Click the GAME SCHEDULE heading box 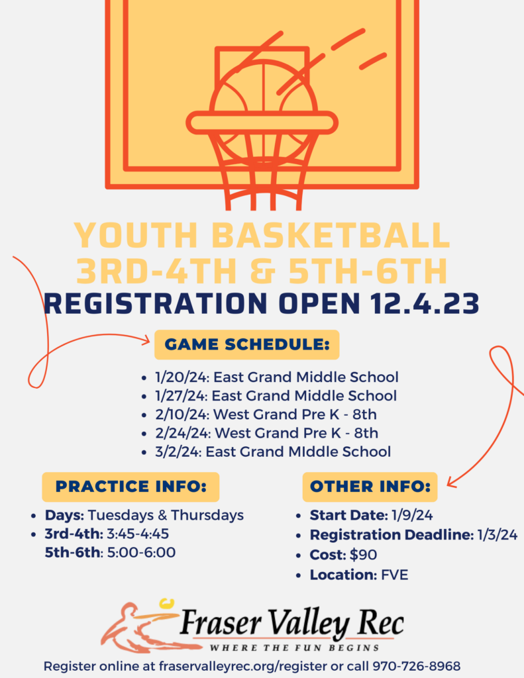coord(246,345)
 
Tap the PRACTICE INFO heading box coord(131,487)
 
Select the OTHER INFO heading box coord(370,487)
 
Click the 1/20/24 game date coord(173,377)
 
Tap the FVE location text coord(395,574)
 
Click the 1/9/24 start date coord(411,515)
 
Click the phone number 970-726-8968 coord(417,665)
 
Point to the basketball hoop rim coord(262,122)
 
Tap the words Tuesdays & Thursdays coord(166,515)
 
